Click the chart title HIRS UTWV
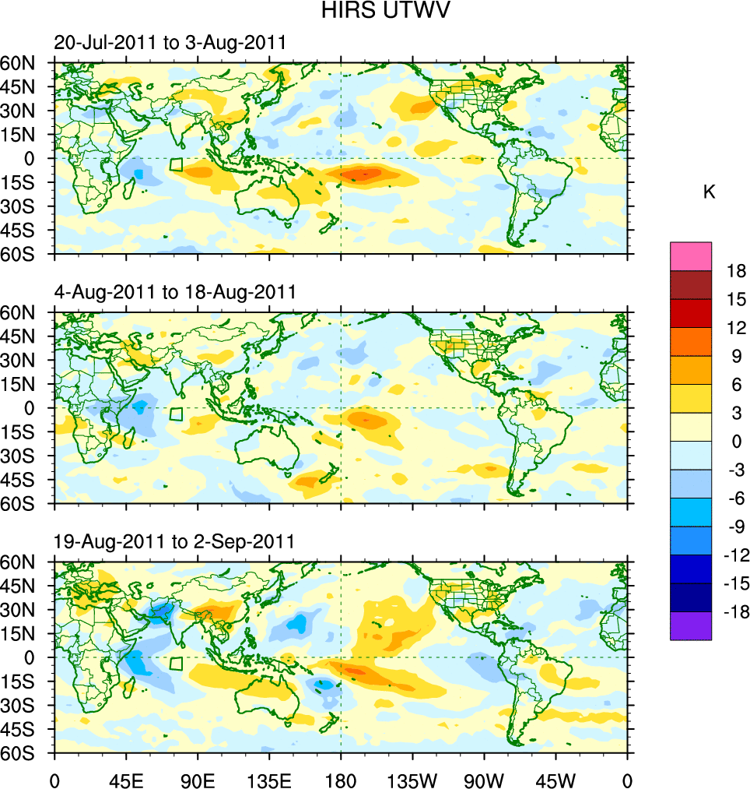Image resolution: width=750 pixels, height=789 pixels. (375, 11)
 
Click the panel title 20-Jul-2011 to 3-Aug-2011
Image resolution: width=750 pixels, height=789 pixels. (170, 44)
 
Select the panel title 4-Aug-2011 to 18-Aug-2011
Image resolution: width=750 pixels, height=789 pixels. (175, 293)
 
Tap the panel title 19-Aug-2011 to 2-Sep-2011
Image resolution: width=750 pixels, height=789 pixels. (174, 542)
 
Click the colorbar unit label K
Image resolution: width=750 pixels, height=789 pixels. (709, 192)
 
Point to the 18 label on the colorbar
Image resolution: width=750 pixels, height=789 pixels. (736, 271)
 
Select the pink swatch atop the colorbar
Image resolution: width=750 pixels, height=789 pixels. (690, 255)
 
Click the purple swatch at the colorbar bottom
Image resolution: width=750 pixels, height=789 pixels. (690, 626)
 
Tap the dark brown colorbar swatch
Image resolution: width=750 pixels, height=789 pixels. (690, 284)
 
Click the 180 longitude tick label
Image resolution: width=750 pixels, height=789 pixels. (341, 779)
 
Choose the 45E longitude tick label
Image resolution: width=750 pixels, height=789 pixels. (125, 779)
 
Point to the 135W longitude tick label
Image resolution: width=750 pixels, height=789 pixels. (412, 779)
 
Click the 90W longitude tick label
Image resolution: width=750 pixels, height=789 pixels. (484, 779)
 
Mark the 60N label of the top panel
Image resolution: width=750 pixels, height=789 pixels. (26, 63)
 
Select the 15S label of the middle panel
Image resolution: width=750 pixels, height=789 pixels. (26, 431)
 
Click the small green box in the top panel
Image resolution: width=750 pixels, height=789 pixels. (177, 164)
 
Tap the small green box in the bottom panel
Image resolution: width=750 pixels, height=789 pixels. (177, 663)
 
